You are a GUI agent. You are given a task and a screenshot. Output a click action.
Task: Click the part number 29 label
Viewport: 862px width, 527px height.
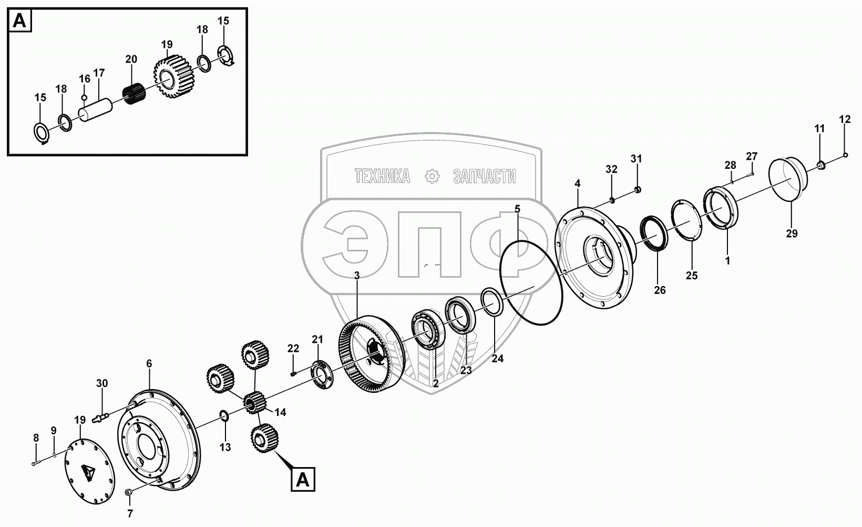click(792, 234)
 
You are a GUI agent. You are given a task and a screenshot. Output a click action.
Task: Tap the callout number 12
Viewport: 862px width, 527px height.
click(845, 119)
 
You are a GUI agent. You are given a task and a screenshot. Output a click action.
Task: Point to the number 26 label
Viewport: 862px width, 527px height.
click(659, 290)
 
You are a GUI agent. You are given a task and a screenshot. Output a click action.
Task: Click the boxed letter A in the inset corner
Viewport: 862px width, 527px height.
click(19, 21)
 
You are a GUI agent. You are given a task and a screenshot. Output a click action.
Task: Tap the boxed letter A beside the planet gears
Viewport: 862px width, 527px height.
click(302, 479)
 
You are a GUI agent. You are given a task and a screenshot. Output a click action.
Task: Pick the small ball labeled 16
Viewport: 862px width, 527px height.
click(84, 97)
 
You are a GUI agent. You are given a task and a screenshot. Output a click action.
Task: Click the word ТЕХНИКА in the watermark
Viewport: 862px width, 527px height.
click(382, 177)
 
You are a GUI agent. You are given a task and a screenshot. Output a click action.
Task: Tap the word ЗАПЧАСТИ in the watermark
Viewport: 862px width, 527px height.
click(484, 177)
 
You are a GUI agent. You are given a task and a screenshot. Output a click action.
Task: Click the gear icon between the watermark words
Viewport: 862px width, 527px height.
click(432, 177)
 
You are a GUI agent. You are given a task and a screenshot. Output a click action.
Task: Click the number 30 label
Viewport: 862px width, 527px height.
click(102, 383)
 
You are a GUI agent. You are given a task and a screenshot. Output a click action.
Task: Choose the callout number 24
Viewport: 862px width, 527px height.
click(498, 359)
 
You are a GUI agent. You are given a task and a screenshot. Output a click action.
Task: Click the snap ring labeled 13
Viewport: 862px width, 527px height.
click(223, 417)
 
